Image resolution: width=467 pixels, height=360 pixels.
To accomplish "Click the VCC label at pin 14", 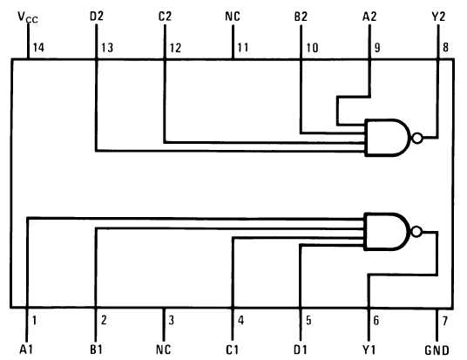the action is [x=28, y=17].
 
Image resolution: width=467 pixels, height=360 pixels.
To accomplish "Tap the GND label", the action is [x=437, y=350].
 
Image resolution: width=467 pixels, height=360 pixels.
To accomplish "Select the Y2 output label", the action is [x=438, y=17].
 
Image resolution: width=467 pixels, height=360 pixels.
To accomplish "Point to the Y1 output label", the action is [x=369, y=350].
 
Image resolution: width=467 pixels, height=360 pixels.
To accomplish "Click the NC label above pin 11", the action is [x=233, y=17].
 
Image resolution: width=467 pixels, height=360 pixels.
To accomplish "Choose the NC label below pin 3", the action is [x=164, y=350].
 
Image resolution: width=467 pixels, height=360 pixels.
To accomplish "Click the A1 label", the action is [x=26, y=350].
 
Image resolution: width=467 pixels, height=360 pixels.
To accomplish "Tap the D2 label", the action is [x=97, y=17].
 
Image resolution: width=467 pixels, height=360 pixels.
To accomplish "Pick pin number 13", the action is [x=107, y=48].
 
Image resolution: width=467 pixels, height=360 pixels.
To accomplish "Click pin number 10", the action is [x=313, y=48].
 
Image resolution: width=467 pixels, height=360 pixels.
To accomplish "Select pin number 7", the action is [x=445, y=321].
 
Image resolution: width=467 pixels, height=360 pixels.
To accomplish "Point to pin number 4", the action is [x=241, y=321].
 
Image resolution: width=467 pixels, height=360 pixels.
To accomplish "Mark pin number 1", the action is [x=34, y=321].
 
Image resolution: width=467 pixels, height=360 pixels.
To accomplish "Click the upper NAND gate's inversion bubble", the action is [x=417, y=139].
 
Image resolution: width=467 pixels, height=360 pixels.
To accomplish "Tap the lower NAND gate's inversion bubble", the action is [x=416, y=232].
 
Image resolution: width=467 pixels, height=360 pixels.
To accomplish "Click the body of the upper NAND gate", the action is [x=388, y=138].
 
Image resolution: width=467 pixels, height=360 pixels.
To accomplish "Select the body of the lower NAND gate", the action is [x=387, y=232].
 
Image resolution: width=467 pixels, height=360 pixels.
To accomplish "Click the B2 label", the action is [x=301, y=17].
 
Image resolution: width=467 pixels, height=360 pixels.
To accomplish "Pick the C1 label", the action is [x=233, y=350].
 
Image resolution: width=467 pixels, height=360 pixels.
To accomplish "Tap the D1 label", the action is [x=301, y=350].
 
